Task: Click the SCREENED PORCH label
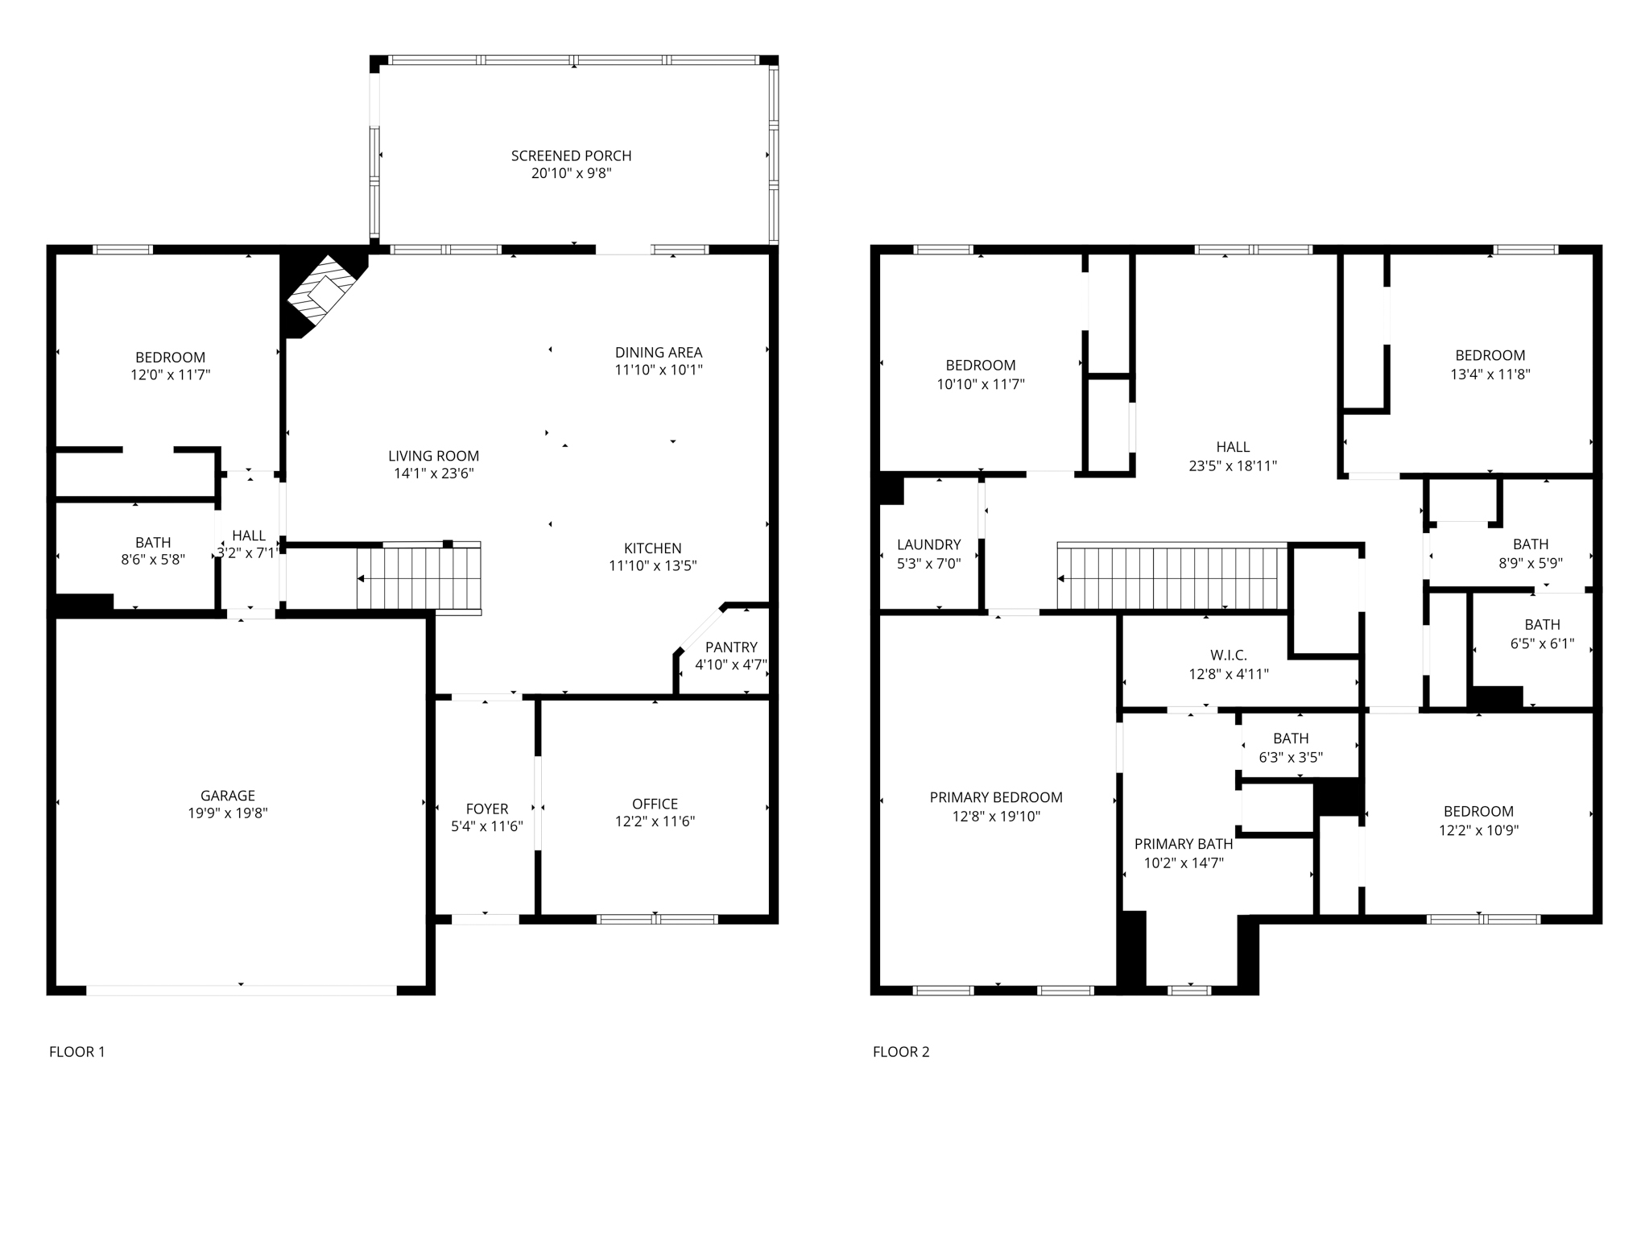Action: [x=571, y=155]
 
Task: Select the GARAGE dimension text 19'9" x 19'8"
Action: [x=228, y=813]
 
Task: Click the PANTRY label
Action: [x=731, y=647]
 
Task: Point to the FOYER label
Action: [x=487, y=809]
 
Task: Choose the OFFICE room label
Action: [x=655, y=804]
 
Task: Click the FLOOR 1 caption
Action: [x=77, y=1051]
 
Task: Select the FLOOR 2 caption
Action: [x=901, y=1051]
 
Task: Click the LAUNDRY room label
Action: [x=928, y=544]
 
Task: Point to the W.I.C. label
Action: [x=1228, y=656]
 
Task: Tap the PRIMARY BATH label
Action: [x=1183, y=844]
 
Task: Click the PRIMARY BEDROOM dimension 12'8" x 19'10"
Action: [x=996, y=817]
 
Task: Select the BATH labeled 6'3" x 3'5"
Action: [x=1291, y=738]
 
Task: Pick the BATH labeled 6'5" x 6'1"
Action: [x=1542, y=624]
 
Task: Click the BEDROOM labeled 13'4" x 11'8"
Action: [x=1490, y=355]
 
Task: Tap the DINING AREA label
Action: [x=659, y=352]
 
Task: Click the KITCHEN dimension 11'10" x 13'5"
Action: [x=652, y=566]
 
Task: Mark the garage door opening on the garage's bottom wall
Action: [x=242, y=990]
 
